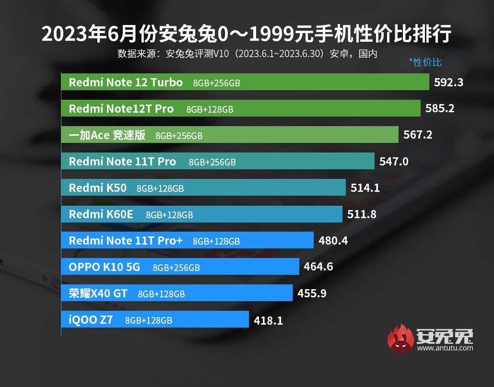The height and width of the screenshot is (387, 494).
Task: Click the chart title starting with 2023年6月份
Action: [x=247, y=35]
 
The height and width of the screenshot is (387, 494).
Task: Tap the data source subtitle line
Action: [x=247, y=54]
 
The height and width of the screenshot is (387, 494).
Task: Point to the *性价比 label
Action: [x=425, y=62]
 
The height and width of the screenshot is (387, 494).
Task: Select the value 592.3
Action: [x=448, y=82]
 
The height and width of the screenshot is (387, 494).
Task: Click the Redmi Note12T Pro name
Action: [x=121, y=109]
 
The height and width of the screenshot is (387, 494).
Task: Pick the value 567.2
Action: [x=418, y=135]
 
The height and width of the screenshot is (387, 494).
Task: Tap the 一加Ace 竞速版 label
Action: [x=107, y=135]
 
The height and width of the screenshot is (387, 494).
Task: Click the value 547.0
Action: [x=394, y=162]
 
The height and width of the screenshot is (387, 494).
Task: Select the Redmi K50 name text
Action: [x=98, y=188]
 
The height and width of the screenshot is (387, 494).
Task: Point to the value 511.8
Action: [x=362, y=214]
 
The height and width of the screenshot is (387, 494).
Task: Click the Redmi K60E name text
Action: [x=101, y=214]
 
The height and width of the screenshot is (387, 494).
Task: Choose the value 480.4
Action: [x=333, y=241]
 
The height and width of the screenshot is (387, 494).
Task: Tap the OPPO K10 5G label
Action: [x=104, y=267]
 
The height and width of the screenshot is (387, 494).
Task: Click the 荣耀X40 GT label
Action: [x=98, y=293]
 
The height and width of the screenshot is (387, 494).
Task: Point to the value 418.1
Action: [x=268, y=320]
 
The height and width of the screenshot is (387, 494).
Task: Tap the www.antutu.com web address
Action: [x=445, y=348]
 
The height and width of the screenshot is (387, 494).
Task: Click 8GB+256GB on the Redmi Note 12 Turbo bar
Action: [x=216, y=83]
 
